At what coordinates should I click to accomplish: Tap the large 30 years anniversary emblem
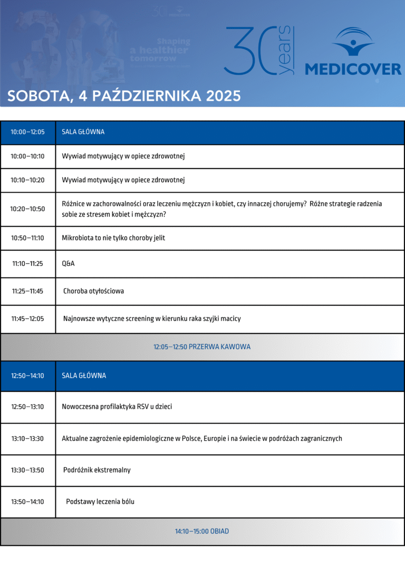260,51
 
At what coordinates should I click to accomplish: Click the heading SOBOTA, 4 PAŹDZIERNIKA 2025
124,96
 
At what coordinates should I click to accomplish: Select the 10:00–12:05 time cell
28,132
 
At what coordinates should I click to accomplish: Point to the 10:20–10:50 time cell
28,209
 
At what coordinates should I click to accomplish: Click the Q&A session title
69,263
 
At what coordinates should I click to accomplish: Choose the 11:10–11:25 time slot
28,263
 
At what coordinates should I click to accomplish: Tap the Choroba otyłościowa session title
94,291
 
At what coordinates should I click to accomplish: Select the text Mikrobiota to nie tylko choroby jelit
113,238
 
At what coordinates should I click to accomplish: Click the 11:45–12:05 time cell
28,319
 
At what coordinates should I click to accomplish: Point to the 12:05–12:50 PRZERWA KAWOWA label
202,347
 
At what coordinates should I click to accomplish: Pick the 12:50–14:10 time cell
28,376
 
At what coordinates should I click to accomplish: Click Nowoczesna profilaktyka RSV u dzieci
117,407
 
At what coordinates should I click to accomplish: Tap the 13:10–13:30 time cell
28,439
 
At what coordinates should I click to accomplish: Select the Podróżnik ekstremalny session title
97,470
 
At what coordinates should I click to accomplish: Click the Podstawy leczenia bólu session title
100,502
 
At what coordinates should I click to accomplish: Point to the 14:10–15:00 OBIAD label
202,532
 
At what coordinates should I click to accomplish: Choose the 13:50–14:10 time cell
28,502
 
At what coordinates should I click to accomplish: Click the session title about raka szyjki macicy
152,319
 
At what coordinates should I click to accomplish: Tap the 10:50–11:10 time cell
28,238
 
